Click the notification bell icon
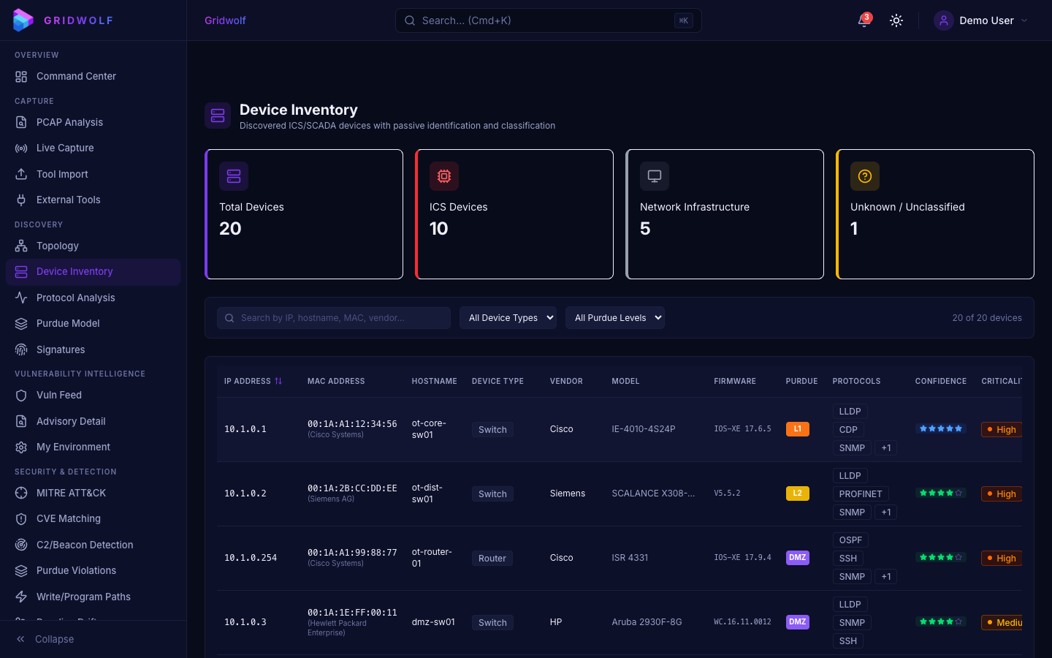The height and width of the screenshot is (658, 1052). (864, 20)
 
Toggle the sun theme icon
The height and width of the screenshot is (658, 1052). (896, 20)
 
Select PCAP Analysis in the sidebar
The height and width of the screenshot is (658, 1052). (69, 122)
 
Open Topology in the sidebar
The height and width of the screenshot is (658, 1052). (57, 246)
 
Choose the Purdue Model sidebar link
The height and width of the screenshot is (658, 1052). (68, 323)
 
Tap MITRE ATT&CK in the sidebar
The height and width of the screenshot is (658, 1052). (71, 493)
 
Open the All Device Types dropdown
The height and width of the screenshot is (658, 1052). (508, 317)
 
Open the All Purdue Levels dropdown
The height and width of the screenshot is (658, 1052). (614, 317)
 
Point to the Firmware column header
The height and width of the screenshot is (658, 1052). (734, 381)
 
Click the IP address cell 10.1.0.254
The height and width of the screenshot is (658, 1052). (251, 558)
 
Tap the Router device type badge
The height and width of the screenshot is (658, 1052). (492, 558)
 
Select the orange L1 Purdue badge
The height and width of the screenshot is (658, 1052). (797, 429)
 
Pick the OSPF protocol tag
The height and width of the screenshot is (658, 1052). (850, 540)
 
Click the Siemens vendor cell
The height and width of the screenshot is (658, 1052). (567, 494)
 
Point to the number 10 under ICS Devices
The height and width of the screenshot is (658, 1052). (438, 229)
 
